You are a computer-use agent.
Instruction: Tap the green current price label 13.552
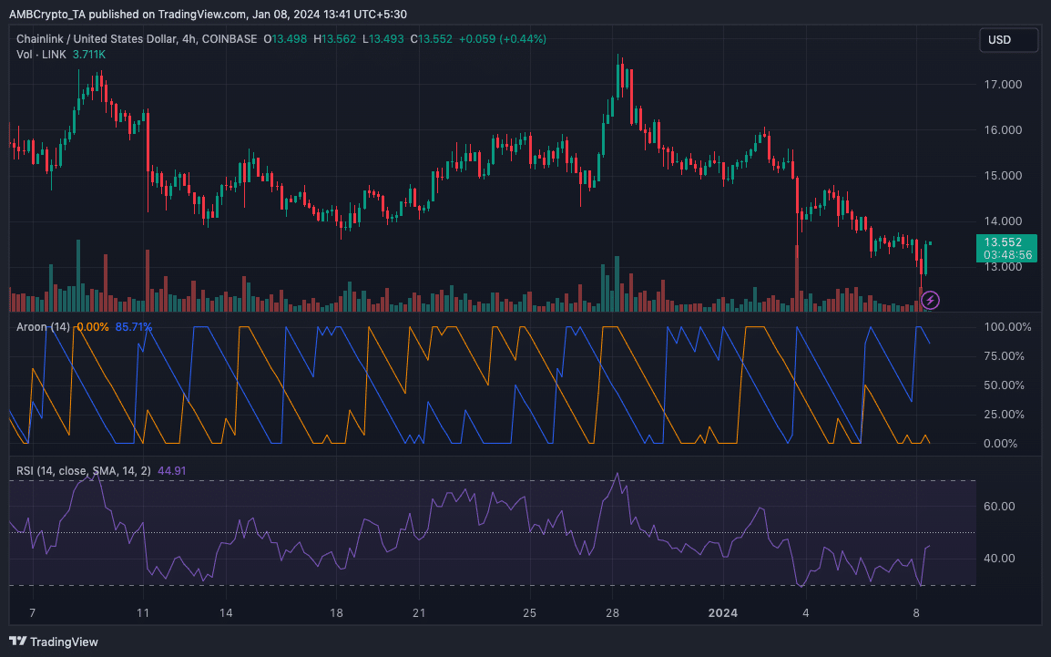(1007, 242)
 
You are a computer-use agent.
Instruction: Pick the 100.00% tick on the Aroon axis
(1008, 326)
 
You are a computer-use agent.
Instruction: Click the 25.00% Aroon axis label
(1008, 415)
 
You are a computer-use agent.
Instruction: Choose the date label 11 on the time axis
(143, 612)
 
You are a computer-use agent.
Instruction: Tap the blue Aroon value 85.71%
(134, 326)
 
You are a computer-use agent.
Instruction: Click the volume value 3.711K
(89, 55)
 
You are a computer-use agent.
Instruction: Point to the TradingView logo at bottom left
(54, 642)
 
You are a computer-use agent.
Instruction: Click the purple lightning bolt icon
(930, 299)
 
